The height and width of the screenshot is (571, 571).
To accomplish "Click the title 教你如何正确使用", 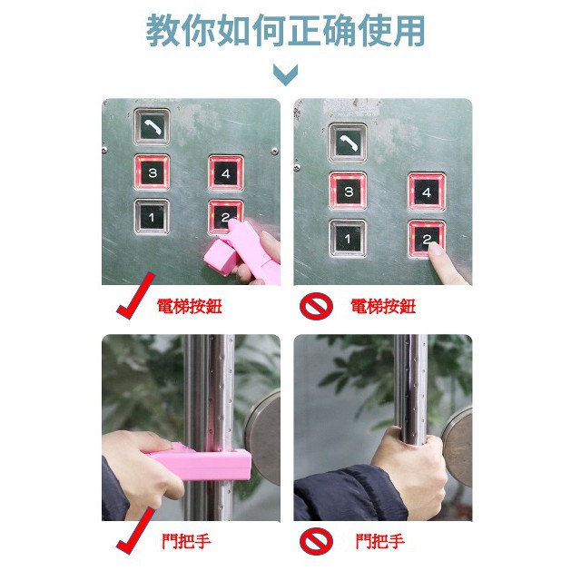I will click(x=285, y=31).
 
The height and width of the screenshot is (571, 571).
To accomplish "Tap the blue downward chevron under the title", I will click(x=285, y=74).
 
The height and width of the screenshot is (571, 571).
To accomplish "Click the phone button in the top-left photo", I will click(x=152, y=128).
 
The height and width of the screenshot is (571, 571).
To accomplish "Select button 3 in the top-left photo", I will click(x=152, y=172).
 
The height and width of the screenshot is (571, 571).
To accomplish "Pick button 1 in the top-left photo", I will click(x=152, y=216).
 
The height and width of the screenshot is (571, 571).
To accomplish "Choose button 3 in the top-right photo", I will click(x=348, y=192).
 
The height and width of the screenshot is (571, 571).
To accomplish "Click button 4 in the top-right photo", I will click(x=427, y=192).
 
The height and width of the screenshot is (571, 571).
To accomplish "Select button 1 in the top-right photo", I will click(x=348, y=240).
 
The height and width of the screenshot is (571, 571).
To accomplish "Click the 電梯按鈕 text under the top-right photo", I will click(x=382, y=307).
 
